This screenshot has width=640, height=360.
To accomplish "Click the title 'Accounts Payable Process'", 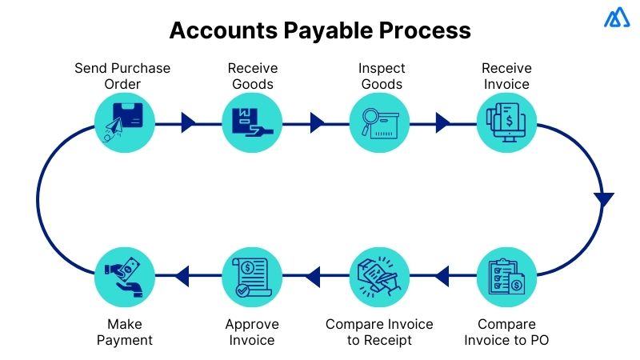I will (x=320, y=31).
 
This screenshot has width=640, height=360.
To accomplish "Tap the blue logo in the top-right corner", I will (x=617, y=18).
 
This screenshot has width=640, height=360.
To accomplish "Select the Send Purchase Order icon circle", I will (x=124, y=122).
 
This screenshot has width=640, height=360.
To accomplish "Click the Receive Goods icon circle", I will (x=251, y=122).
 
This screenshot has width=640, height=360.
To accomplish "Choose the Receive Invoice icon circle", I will (x=506, y=122).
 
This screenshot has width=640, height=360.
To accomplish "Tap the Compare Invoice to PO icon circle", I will (x=506, y=275).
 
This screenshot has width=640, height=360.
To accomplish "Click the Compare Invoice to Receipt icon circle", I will (x=379, y=275).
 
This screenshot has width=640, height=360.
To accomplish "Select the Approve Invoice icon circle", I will (x=251, y=275).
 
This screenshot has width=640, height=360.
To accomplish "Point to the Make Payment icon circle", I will (x=124, y=275).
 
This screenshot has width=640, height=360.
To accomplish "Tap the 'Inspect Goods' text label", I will (x=382, y=75).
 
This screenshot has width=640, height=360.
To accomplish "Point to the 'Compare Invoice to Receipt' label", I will (x=379, y=332).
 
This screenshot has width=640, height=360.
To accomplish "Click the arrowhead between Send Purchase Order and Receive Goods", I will (x=188, y=122).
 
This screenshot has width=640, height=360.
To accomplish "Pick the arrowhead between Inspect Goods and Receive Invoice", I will (x=443, y=122).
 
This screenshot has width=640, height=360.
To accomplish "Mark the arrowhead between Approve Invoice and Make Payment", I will (x=182, y=275).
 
